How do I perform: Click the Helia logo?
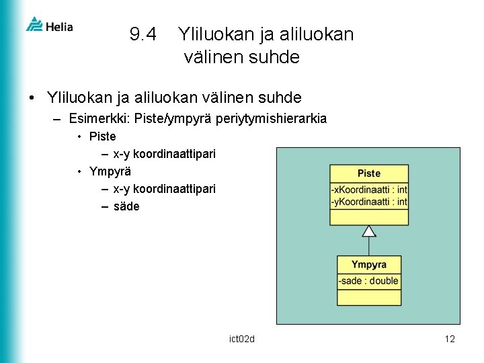coord(49,26)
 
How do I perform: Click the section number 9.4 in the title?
coord(143,34)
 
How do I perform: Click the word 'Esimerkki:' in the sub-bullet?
coord(99,119)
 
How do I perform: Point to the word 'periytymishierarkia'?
coord(274,119)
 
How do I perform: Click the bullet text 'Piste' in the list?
coord(102,136)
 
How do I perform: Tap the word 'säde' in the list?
coord(126,206)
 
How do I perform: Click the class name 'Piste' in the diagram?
coord(368,173)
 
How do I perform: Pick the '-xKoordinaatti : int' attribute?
coord(368,190)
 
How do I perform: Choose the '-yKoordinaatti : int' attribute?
coord(368,202)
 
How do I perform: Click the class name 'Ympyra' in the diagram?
coord(368,264)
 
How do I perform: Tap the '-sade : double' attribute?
coord(368,280)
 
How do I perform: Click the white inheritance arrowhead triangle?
coord(369,231)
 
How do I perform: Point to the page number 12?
coord(450,339)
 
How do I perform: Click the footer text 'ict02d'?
coord(242,339)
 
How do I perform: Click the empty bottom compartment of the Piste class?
coord(368,216)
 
